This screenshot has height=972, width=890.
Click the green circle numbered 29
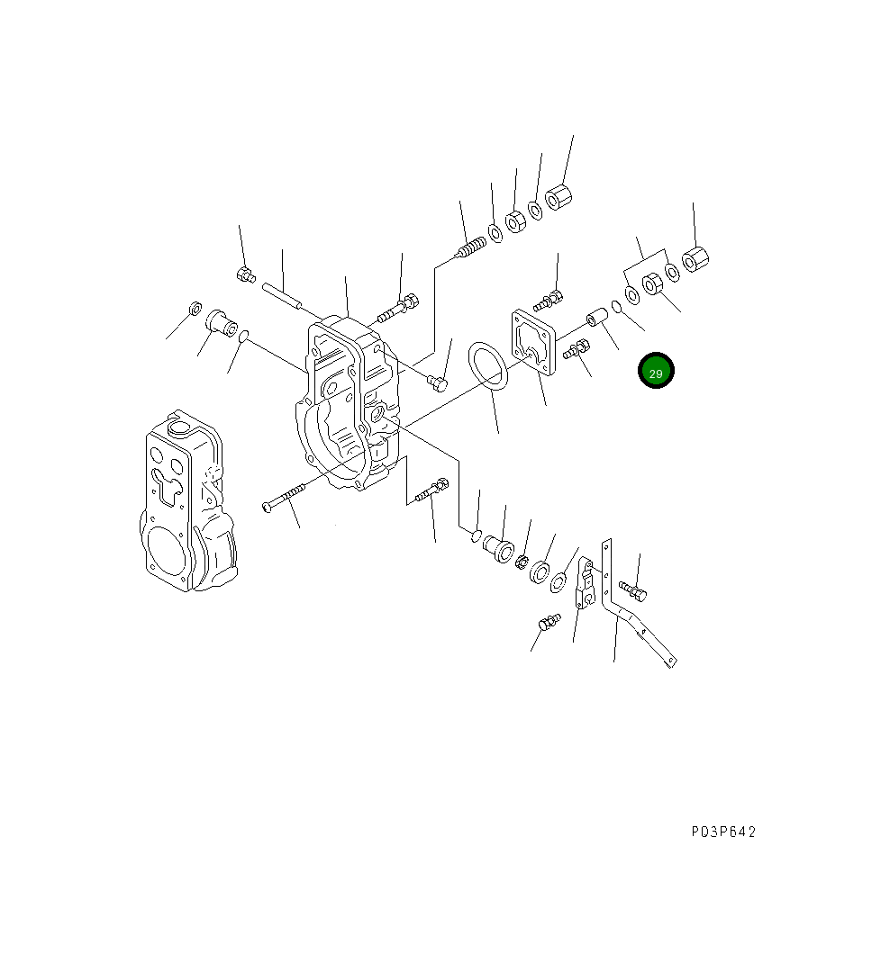tap(656, 372)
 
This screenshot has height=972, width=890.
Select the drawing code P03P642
tap(723, 832)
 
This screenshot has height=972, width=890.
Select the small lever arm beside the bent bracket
tap(584, 585)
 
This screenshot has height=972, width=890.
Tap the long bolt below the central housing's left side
tap(284, 498)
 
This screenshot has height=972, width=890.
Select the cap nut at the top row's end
tap(562, 195)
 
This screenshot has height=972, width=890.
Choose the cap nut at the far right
tap(696, 258)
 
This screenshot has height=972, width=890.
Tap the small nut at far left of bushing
tap(193, 310)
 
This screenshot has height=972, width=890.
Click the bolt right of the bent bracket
tap(633, 590)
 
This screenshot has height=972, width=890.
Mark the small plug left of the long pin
tap(244, 274)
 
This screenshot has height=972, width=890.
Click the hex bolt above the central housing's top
tap(397, 308)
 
